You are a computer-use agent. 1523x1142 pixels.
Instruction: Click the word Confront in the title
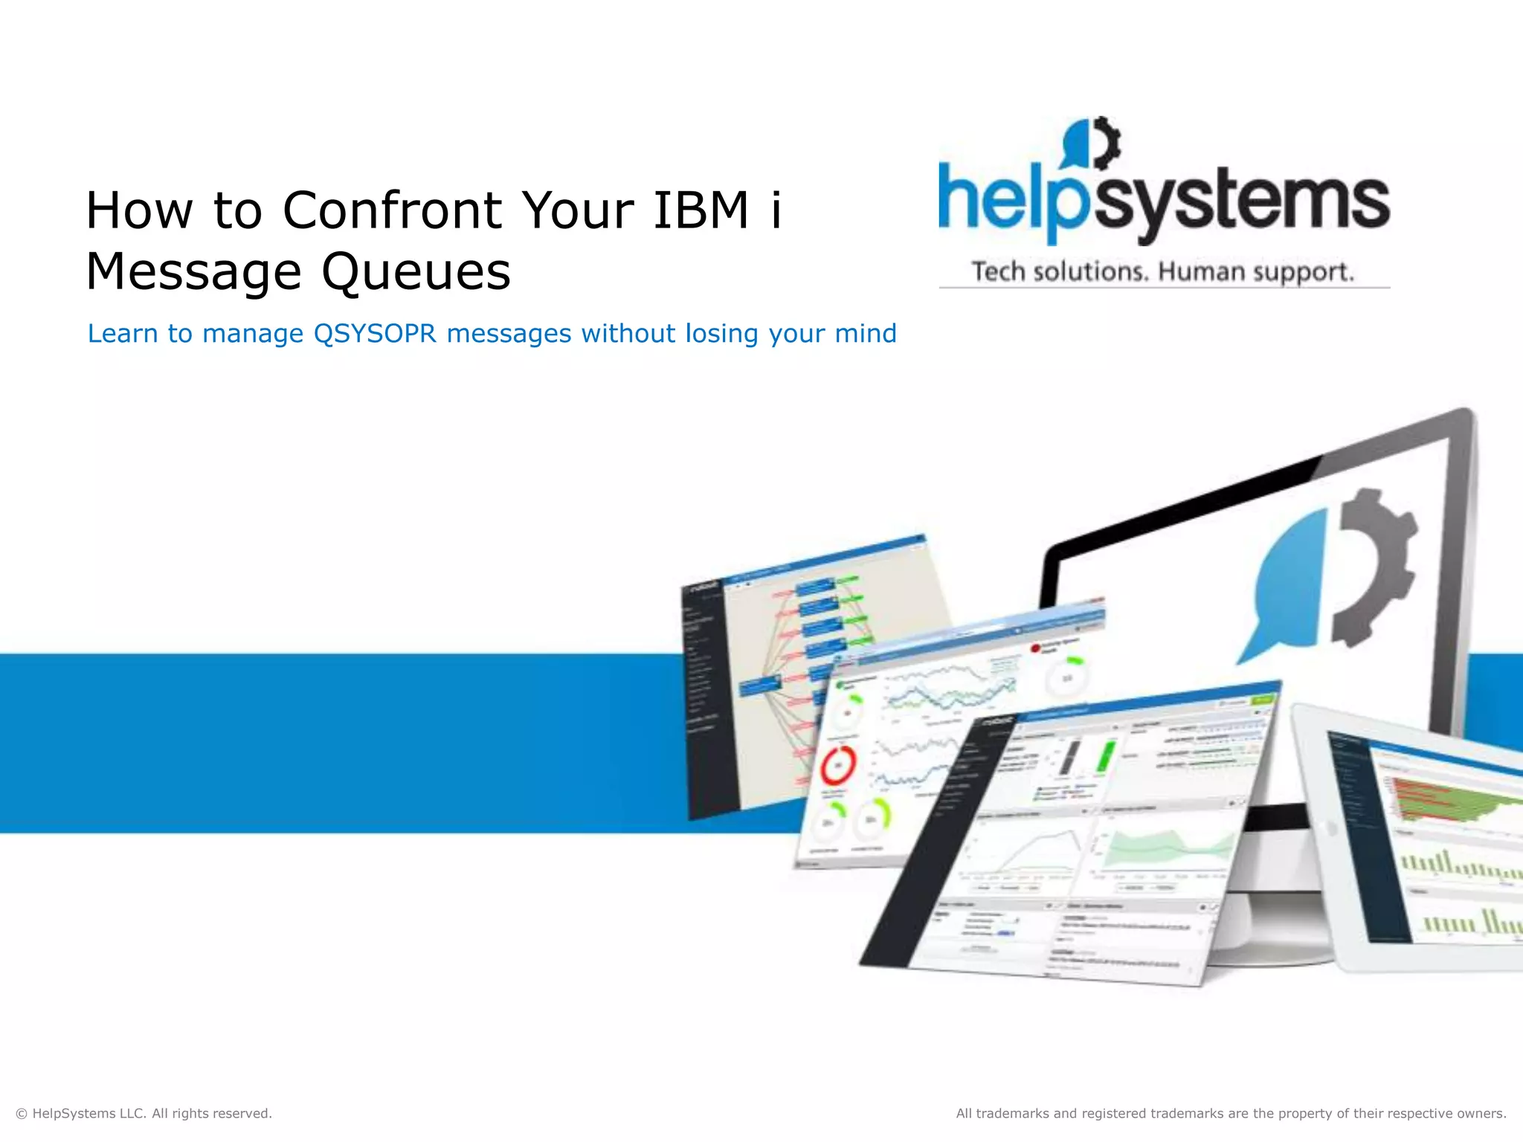coord(393,210)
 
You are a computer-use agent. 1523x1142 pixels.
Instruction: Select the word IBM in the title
coord(701,210)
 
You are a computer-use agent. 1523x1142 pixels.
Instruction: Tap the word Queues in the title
coord(416,272)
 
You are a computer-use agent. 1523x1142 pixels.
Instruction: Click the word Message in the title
coord(193,272)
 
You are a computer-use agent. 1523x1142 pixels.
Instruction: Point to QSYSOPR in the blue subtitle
coord(375,334)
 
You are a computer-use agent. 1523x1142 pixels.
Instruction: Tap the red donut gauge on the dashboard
coord(839,765)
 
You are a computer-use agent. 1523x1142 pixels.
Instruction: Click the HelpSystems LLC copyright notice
coord(144,1113)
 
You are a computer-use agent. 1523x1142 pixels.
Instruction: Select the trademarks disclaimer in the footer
coord(1231,1113)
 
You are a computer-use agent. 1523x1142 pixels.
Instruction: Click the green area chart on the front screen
coord(1168,848)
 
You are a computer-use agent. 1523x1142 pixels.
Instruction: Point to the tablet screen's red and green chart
coord(1443,803)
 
